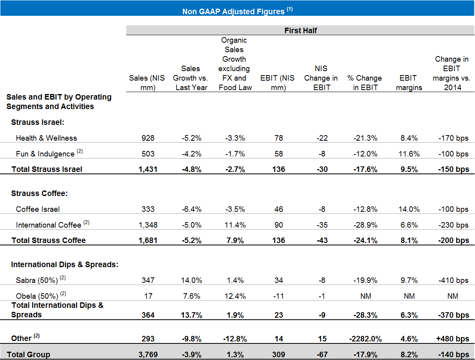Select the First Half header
[x=301, y=30]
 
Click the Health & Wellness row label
[x=46, y=138]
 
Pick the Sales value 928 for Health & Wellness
[x=148, y=138]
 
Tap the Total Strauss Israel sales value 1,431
[x=148, y=170]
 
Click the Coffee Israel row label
[x=38, y=209]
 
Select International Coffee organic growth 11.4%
[x=235, y=225]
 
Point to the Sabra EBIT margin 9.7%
[x=409, y=280]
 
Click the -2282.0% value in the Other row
[x=366, y=339]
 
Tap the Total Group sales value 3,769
[x=148, y=354]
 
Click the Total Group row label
[x=28, y=354]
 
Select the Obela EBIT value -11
[x=278, y=296]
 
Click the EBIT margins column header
[x=409, y=83]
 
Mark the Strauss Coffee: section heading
[x=40, y=193]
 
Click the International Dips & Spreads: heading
[x=64, y=264]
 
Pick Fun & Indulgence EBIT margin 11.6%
[x=409, y=154]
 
